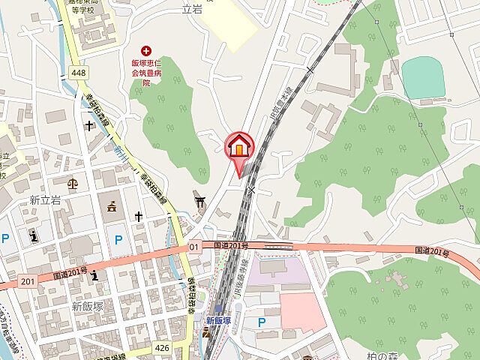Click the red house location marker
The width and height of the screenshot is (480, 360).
pyautogui.click(x=239, y=145)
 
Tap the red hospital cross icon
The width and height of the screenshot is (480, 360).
pyautogui.click(x=145, y=50)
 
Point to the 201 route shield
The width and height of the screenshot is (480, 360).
pyautogui.click(x=28, y=281)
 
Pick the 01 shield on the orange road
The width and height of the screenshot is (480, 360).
pyautogui.click(x=193, y=247)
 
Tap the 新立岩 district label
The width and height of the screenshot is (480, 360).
pyautogui.click(x=44, y=200)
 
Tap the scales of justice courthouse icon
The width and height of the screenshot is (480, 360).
pyautogui.click(x=73, y=182)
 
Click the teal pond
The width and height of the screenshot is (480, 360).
pyautogui.click(x=423, y=76)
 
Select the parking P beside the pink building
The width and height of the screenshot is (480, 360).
pyautogui.click(x=261, y=322)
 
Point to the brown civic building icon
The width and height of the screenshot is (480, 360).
pyautogui.click(x=112, y=206)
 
